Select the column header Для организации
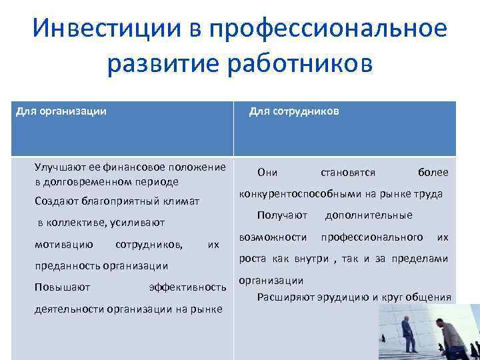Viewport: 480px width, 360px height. (x=61, y=111)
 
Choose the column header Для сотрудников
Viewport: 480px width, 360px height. (x=293, y=111)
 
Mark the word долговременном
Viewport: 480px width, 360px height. (x=84, y=181)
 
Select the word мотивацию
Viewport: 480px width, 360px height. (x=64, y=244)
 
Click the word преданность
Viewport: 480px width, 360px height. (x=66, y=266)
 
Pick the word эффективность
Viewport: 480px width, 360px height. (x=187, y=287)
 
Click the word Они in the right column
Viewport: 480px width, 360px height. (x=267, y=173)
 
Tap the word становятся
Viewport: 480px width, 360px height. (x=347, y=173)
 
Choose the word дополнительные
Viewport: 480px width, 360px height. (x=368, y=215)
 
